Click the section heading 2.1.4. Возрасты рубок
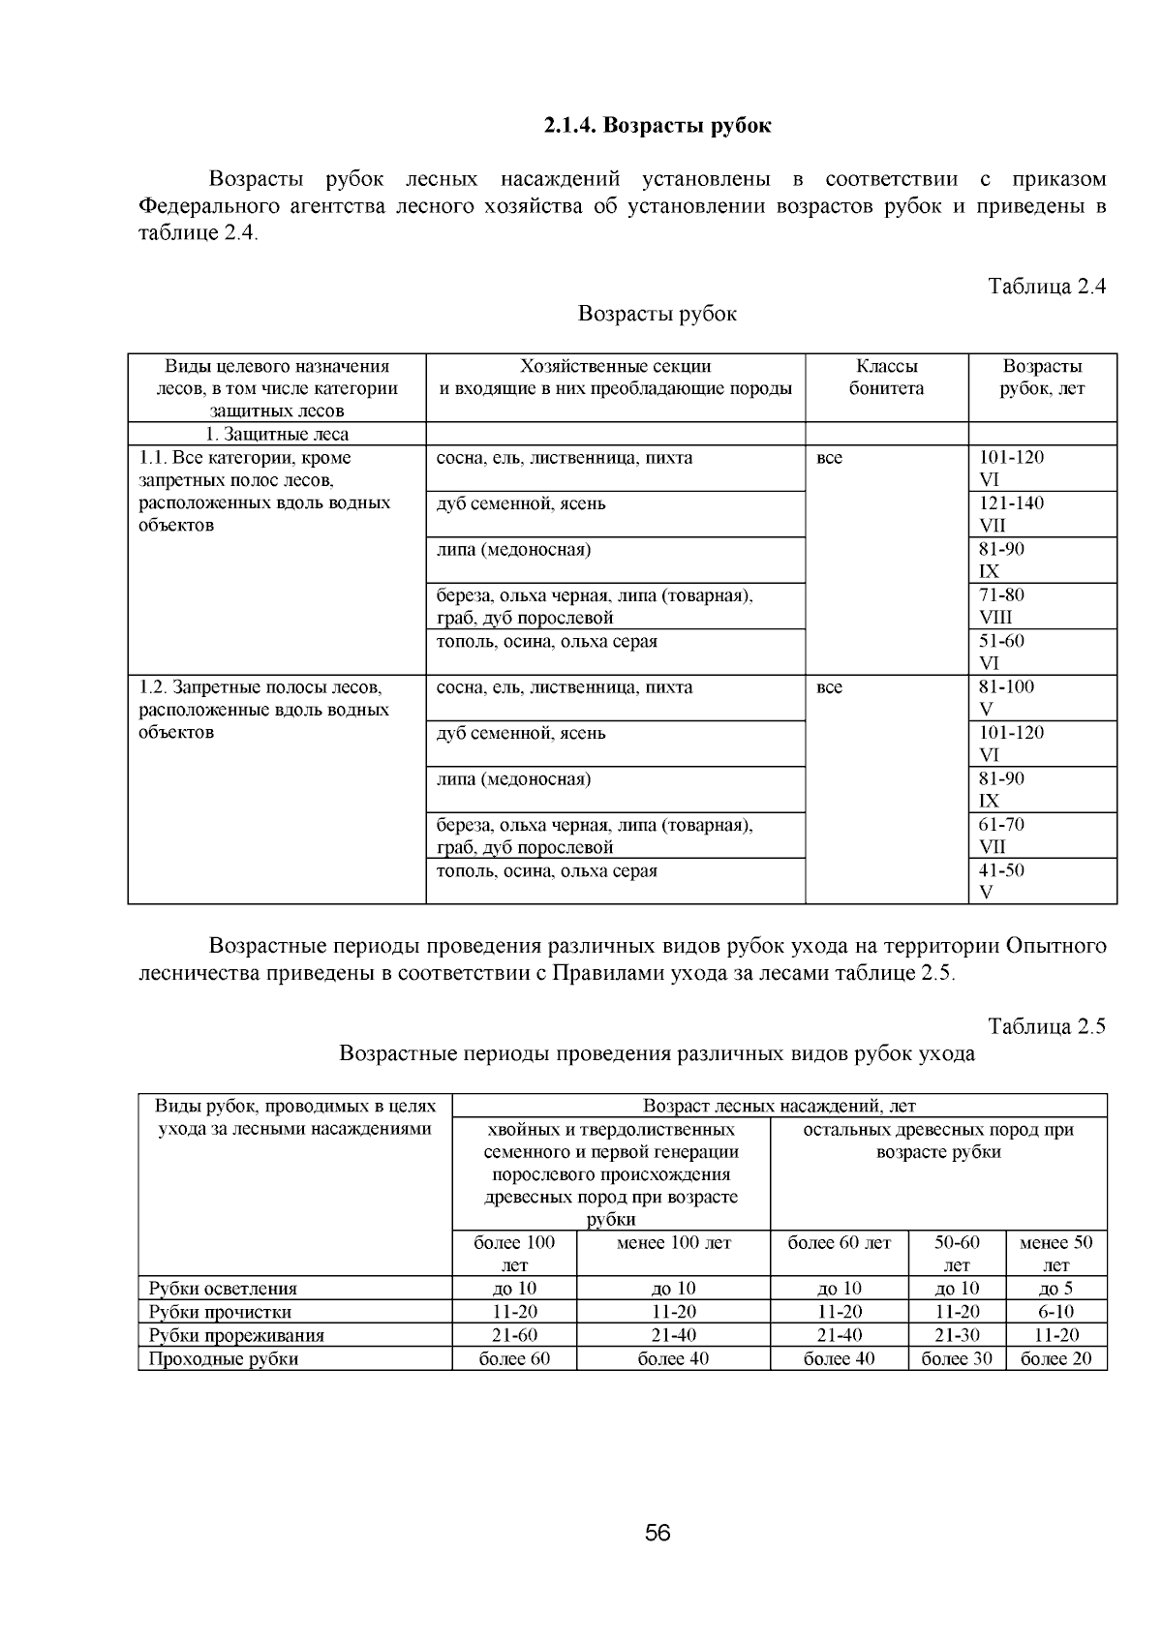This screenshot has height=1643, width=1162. pos(657,126)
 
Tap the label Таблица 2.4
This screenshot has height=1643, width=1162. pos(1046,287)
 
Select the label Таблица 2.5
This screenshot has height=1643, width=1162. pos(1046,1027)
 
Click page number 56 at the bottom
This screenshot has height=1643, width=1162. pos(657,1533)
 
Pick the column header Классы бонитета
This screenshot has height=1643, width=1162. pos(886,378)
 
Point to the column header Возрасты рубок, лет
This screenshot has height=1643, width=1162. pos(1042,378)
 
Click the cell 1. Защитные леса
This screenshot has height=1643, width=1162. pos(277,435)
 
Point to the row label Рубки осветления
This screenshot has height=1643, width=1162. pos(223,1289)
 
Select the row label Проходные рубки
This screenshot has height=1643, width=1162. pos(223,1359)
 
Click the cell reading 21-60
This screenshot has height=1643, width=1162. pos(514,1335)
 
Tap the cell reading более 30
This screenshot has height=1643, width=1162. pos(957,1359)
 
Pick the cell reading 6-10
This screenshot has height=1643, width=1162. pos(1056,1312)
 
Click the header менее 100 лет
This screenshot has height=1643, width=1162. pos(673,1243)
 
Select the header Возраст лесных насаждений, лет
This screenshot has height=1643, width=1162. pos(780,1106)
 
